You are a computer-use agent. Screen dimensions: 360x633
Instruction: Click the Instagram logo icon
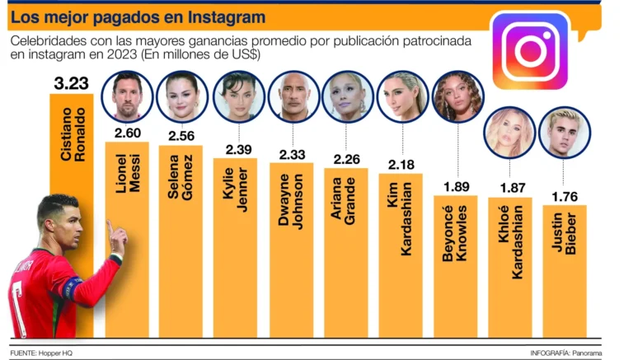click(531, 50)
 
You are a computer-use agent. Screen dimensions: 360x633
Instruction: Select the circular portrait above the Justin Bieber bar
click(565, 132)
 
